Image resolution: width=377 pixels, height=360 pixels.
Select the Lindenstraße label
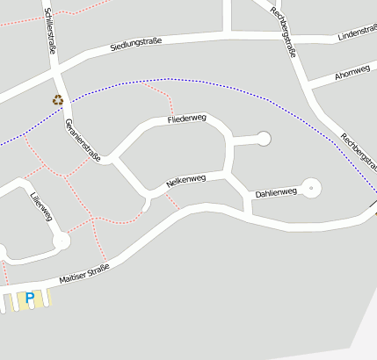tap(356, 34)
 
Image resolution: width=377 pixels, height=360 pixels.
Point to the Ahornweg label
tap(352, 74)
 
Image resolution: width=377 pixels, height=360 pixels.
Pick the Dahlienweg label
tap(276, 191)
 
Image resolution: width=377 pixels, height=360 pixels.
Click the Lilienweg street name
tap(40, 206)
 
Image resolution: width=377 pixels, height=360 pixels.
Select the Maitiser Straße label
tap(84, 273)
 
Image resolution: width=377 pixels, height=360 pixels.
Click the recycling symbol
tap(58, 100)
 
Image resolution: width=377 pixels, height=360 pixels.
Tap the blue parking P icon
tap(30, 299)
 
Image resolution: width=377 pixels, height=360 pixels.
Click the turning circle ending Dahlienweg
tap(312, 188)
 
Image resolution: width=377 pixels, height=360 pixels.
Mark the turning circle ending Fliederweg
tap(264, 138)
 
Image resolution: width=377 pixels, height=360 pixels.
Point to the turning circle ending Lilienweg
tap(61, 241)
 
